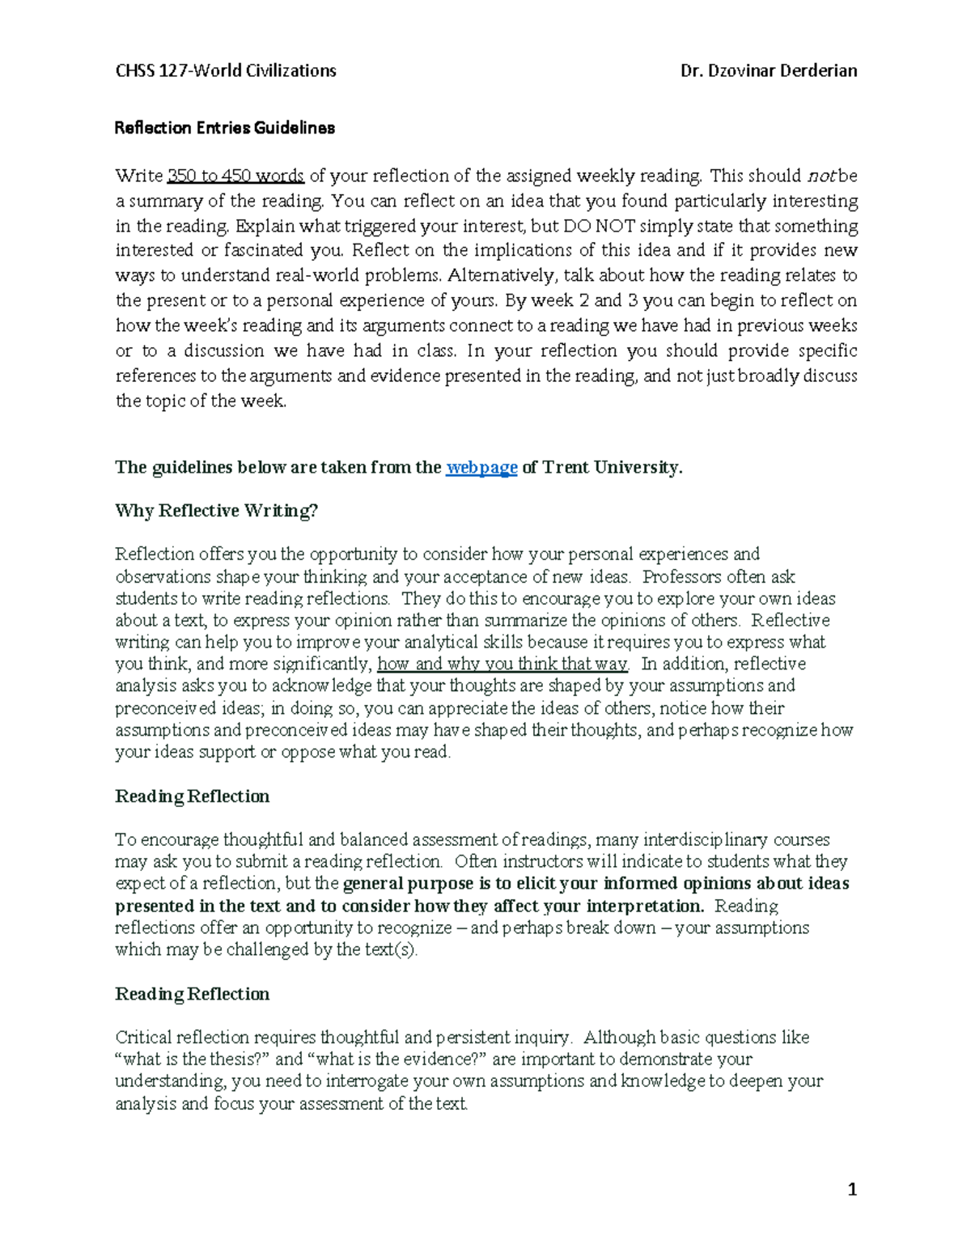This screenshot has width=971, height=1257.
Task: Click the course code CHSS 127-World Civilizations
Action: [226, 70]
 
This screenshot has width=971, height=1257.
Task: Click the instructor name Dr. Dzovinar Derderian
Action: [769, 70]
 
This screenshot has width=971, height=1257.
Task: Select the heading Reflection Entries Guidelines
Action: [224, 128]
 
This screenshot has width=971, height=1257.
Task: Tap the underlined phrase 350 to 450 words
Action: [235, 176]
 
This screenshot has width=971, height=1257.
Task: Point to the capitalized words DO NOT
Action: [599, 226]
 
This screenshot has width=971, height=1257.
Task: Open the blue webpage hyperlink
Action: [481, 467]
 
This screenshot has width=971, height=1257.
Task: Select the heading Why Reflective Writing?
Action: [216, 511]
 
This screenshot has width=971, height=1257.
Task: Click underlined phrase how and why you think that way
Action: [502, 664]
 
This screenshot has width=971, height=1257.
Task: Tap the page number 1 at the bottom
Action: [851, 1189]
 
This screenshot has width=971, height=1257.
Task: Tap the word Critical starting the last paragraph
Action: [143, 1037]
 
